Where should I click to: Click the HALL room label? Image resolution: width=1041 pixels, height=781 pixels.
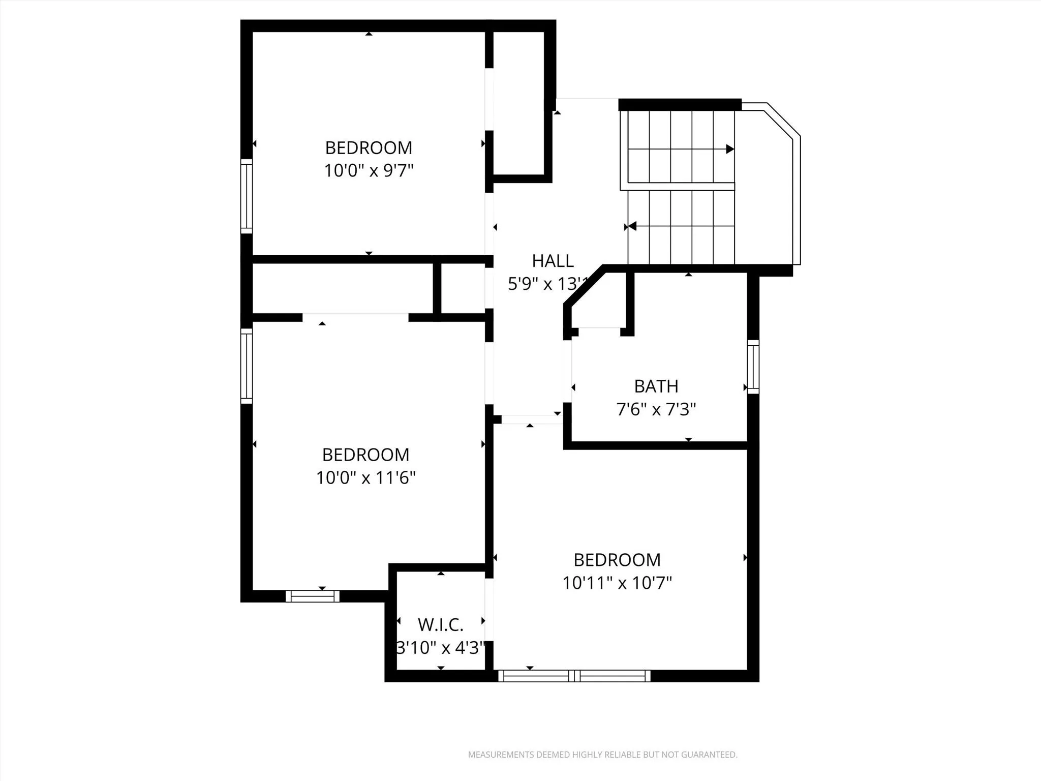[x=553, y=261]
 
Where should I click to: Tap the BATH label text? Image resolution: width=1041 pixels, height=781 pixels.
[x=656, y=386]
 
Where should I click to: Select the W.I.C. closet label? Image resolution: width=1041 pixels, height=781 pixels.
[x=440, y=624]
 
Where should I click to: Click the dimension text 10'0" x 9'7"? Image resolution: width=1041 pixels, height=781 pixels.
[x=369, y=170]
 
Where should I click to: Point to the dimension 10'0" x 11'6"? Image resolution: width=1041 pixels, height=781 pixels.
[x=365, y=477]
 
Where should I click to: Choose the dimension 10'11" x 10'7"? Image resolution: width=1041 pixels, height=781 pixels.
[x=617, y=582]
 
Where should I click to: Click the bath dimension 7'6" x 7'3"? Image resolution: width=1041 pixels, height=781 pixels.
[x=656, y=409]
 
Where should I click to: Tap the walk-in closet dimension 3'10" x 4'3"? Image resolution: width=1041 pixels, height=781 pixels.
[x=440, y=648]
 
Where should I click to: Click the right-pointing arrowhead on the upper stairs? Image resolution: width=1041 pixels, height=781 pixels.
[x=730, y=149]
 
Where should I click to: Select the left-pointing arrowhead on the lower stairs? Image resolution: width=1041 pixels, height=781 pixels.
[x=632, y=226]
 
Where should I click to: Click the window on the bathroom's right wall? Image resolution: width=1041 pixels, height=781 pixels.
[x=753, y=367]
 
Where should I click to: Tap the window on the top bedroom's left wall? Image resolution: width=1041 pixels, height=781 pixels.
[x=247, y=196]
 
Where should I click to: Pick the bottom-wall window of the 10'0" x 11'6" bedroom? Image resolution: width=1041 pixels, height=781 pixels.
[x=312, y=596]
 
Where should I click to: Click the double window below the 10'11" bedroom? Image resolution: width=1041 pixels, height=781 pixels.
[x=574, y=676]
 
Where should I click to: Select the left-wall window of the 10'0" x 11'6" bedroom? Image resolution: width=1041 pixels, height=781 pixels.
[x=247, y=366]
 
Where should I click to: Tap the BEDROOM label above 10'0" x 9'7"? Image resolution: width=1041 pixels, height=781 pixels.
[x=369, y=148]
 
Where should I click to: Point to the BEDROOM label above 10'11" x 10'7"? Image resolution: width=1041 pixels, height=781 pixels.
[x=617, y=560]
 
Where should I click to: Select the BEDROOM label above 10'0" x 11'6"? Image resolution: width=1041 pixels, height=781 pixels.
[x=365, y=455]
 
